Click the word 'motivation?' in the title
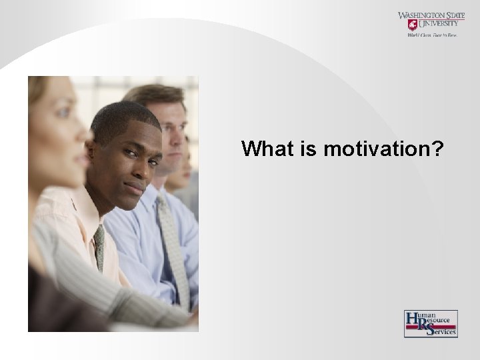[x=383, y=149]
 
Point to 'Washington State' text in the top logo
[x=431, y=15]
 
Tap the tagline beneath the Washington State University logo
[x=431, y=35]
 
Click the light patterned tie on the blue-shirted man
[x=172, y=247]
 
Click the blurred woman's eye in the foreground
[x=63, y=113]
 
